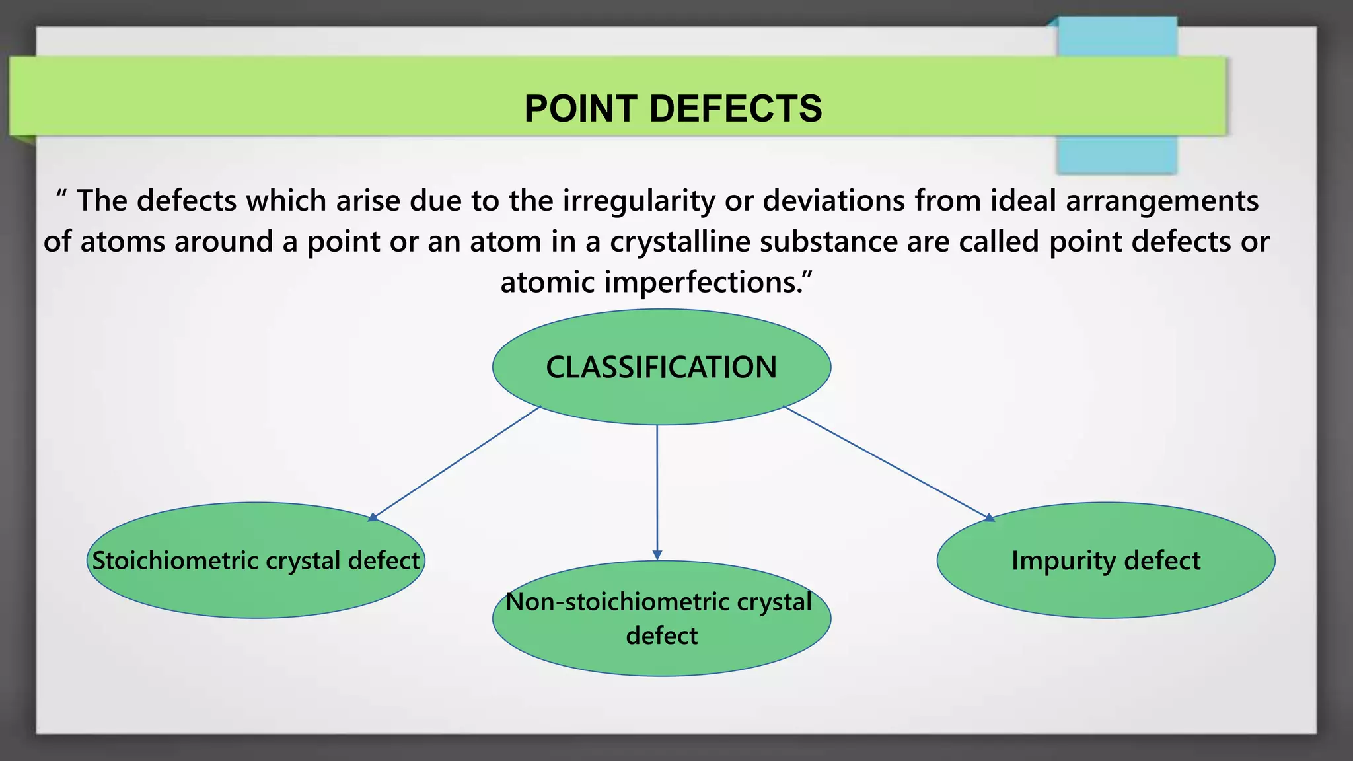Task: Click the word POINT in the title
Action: point(581,108)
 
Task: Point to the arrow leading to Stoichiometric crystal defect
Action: point(456,463)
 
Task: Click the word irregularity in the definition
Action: point(638,201)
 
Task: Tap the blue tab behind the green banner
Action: point(1116,155)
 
